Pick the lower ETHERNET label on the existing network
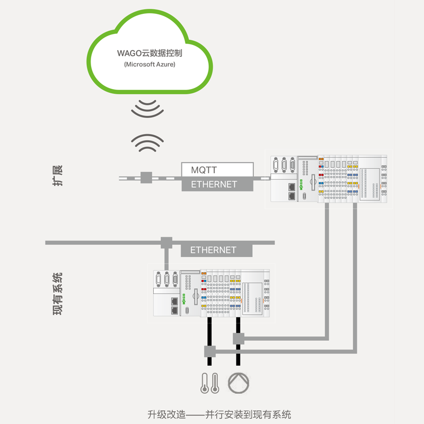(213, 250)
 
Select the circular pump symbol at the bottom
(237, 383)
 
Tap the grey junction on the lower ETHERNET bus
(166, 243)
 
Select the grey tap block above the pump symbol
(238, 338)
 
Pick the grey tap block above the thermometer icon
(210, 351)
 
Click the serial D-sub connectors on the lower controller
(166, 279)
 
